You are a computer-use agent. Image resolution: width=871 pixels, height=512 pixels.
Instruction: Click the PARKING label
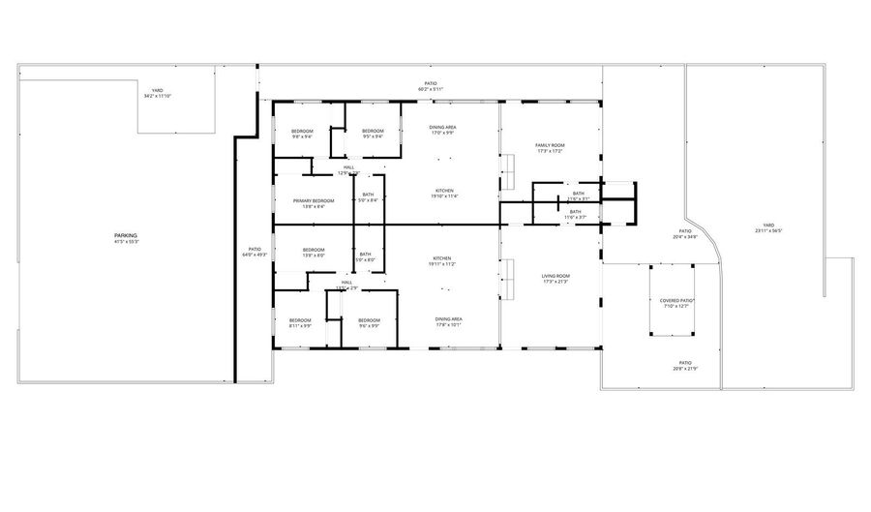pos(125,235)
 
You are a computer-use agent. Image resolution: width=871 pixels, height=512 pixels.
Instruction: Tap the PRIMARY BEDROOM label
pos(308,200)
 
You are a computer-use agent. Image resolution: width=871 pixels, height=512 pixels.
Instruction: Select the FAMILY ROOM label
pos(550,145)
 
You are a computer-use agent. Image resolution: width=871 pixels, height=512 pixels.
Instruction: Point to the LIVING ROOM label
pos(556,276)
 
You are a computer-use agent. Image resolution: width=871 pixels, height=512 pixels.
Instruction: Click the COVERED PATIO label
pos(677,300)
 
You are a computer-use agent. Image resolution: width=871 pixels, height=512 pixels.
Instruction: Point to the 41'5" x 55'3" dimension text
pos(126,241)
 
